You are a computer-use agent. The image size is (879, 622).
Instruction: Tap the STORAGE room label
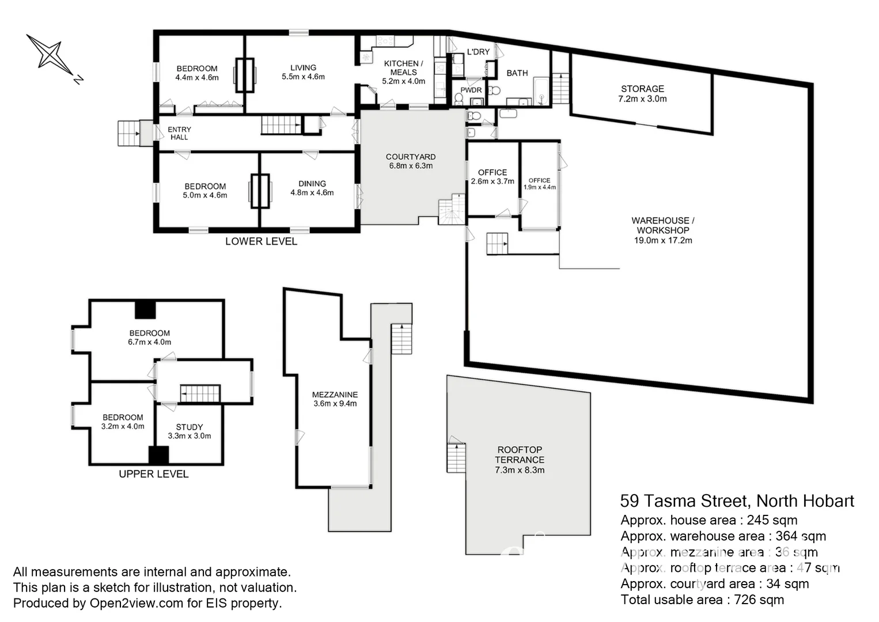click(x=642, y=89)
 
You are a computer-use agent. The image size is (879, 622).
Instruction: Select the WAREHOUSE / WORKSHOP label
click(x=662, y=225)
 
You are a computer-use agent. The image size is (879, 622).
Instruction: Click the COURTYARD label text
click(x=411, y=157)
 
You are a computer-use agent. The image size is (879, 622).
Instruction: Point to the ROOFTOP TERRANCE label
click(x=520, y=454)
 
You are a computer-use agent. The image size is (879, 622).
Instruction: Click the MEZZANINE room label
click(x=335, y=395)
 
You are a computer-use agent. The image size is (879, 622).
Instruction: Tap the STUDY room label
click(x=190, y=427)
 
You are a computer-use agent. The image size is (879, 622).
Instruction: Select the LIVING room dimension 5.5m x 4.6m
click(x=303, y=77)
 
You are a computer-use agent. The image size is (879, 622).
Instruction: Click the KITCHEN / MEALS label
click(x=403, y=67)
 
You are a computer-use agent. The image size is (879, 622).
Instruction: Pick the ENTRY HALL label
click(x=179, y=133)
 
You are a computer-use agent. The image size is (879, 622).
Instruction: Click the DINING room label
click(x=312, y=184)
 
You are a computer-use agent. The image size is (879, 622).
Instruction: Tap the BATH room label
click(x=517, y=73)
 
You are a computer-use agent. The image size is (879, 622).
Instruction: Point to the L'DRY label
click(x=478, y=52)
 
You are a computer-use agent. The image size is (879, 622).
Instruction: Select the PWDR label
click(x=471, y=90)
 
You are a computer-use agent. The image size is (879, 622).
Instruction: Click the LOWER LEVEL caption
click(x=261, y=241)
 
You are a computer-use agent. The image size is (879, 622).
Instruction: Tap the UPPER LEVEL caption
click(x=153, y=474)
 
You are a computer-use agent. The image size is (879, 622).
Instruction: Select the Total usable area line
click(x=702, y=600)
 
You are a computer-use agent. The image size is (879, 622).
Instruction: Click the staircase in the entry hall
click(x=281, y=125)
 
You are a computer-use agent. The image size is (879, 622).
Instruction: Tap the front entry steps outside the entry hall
click(x=128, y=133)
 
